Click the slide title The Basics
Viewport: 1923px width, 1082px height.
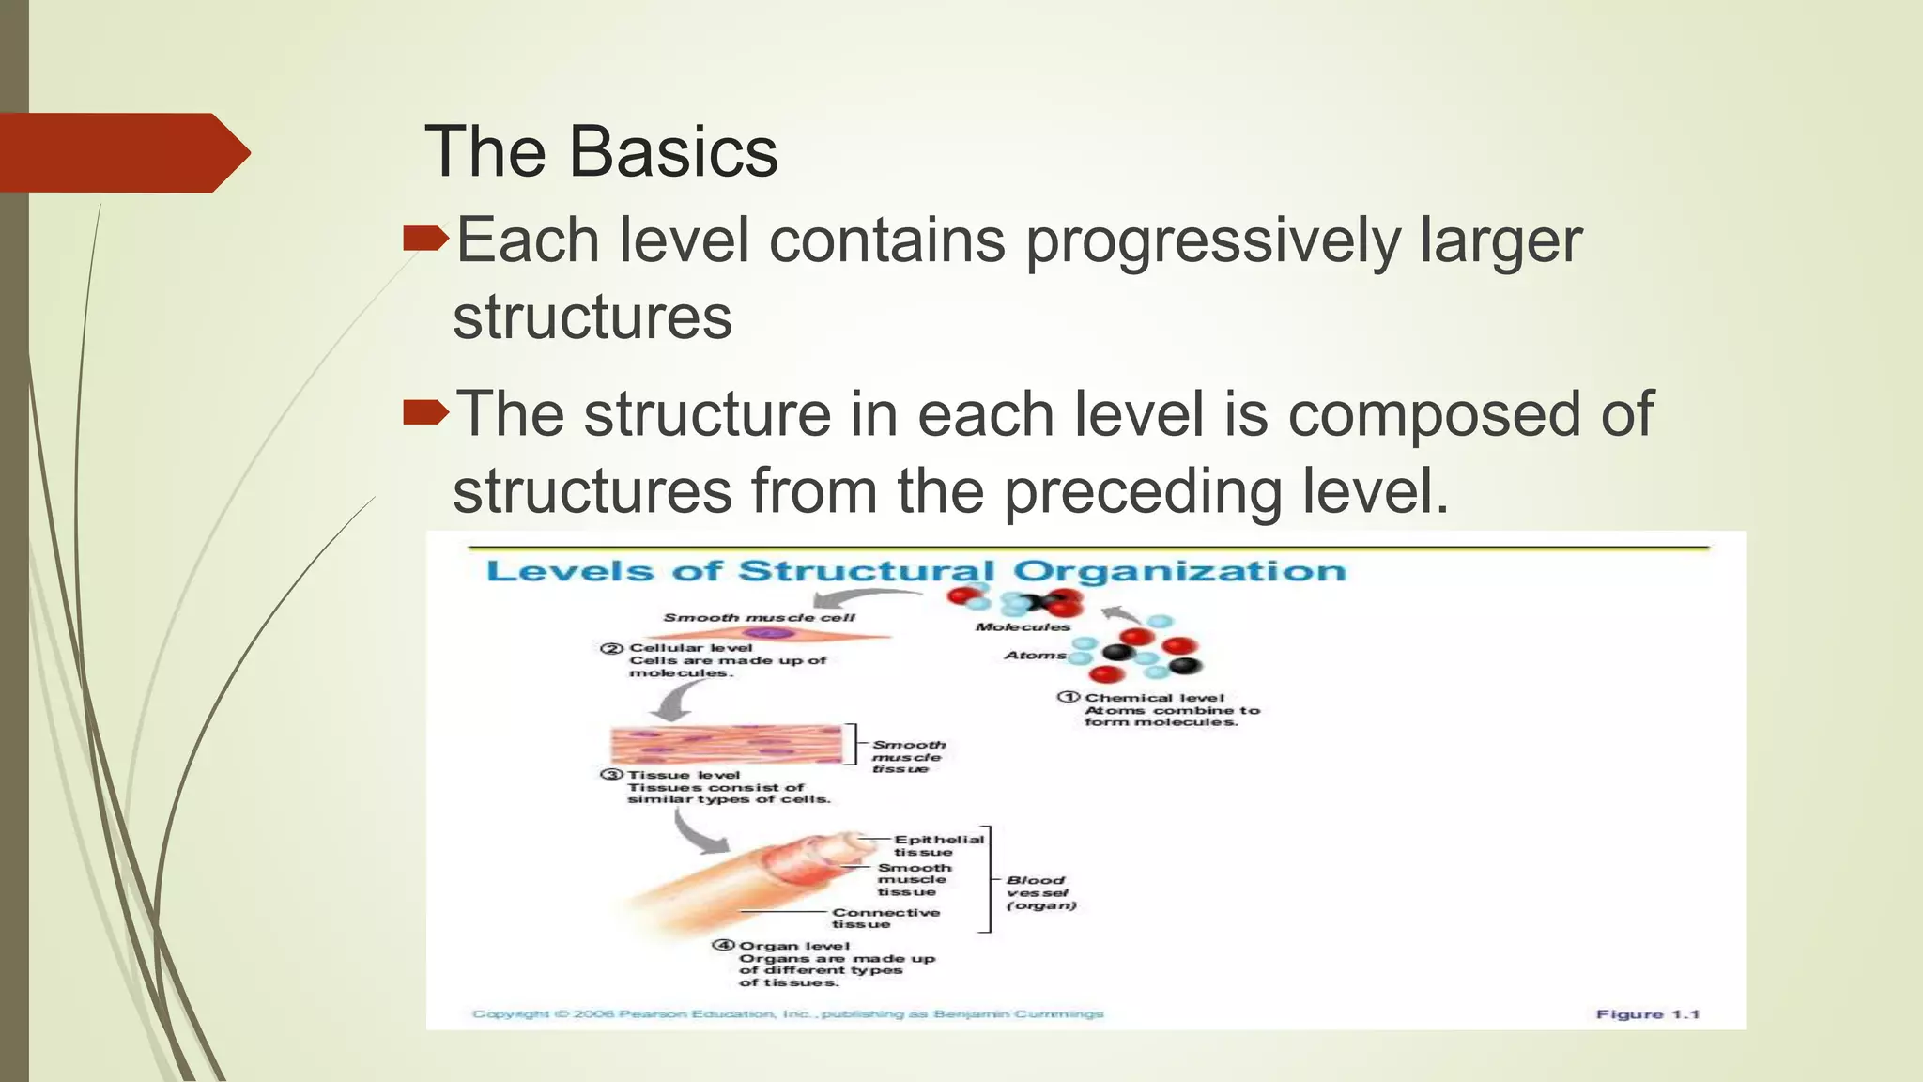[x=601, y=152]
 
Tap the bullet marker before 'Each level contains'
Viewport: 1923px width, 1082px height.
[x=425, y=240]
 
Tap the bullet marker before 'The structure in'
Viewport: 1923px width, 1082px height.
[x=425, y=413]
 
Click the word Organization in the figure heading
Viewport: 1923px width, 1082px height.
[x=1178, y=571]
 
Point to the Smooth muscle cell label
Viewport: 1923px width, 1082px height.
[x=759, y=617]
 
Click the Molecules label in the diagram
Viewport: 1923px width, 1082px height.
[x=1023, y=626]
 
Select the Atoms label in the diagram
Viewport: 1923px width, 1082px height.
[x=1035, y=655]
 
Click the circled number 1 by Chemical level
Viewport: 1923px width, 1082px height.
[x=1069, y=697]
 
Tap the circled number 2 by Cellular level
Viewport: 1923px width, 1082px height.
[x=612, y=648]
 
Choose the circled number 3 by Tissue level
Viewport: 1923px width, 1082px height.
[x=611, y=775]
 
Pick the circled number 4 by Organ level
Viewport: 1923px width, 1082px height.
[x=723, y=946]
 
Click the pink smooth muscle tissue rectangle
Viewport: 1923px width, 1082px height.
[x=725, y=744]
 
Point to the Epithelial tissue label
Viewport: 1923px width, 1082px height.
[x=937, y=845]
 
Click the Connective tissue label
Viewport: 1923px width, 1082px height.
[x=885, y=918]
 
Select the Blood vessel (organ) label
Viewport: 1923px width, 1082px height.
[x=1039, y=892]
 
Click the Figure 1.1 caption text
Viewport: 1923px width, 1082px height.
[x=1647, y=1013]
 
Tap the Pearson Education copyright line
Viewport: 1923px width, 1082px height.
[x=787, y=1013]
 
